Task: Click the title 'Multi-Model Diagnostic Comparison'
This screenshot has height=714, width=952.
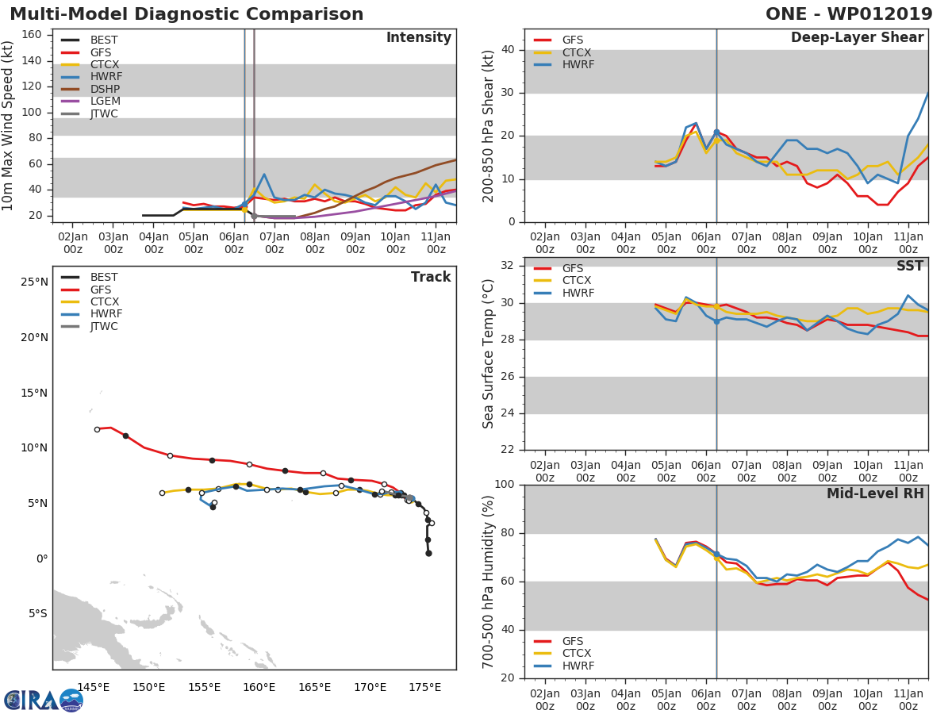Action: click(186, 14)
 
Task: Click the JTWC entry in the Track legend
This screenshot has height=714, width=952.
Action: click(104, 327)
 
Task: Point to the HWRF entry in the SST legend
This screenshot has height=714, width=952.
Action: click(578, 294)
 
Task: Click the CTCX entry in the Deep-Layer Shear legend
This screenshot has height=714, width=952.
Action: click(576, 52)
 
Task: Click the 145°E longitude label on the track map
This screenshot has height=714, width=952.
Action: click(93, 687)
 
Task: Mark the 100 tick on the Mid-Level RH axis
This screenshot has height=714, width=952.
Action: click(503, 485)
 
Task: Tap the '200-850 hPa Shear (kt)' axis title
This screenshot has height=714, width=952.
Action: click(489, 125)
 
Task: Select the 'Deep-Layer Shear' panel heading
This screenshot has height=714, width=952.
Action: click(857, 38)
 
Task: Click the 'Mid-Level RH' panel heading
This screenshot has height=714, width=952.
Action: click(875, 494)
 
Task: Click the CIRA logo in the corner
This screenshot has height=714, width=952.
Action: click(43, 700)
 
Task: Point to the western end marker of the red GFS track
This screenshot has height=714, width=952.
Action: click(97, 429)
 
